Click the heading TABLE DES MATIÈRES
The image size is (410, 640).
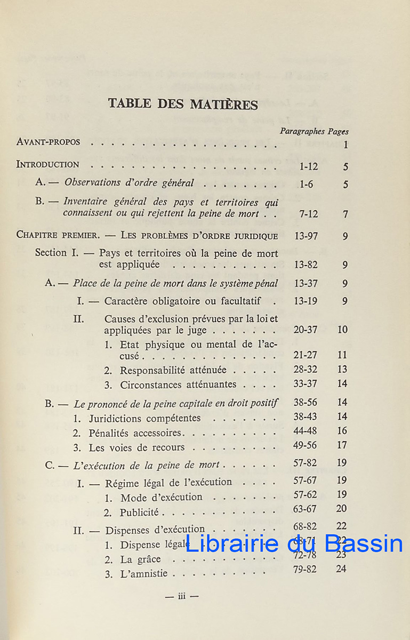(x=183, y=103)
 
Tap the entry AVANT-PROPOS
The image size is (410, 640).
(x=49, y=142)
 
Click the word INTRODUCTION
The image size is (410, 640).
(x=48, y=165)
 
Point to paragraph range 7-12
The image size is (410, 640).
(x=309, y=214)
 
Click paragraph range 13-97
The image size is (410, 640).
(x=306, y=236)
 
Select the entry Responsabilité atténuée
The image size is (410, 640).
(x=173, y=370)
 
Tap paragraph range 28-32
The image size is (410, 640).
(x=306, y=369)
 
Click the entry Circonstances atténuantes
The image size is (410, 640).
(x=178, y=384)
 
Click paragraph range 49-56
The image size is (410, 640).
(x=305, y=445)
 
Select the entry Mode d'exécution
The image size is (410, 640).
(x=162, y=498)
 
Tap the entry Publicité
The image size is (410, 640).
(x=139, y=513)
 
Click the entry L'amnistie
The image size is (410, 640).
(x=143, y=574)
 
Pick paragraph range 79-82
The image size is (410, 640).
(x=305, y=569)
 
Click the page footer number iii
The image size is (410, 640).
(x=181, y=597)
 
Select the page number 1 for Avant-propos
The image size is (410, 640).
(x=346, y=145)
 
